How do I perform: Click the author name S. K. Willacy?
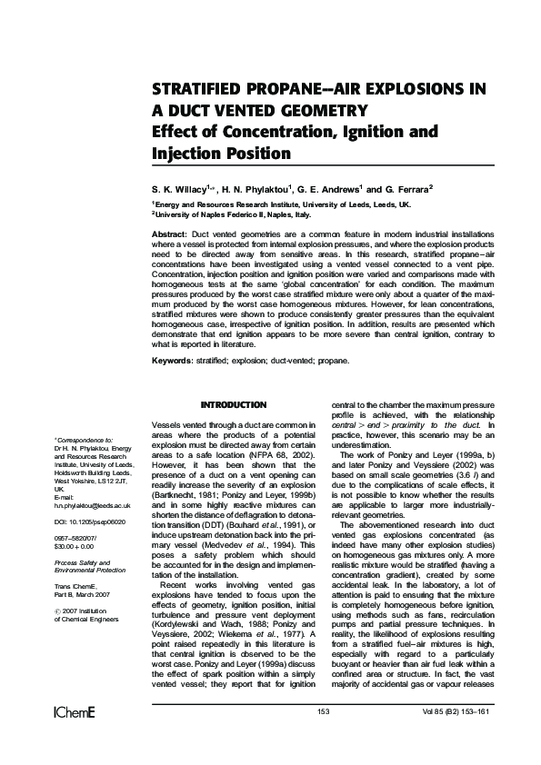click(x=181, y=188)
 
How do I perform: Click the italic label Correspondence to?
click(x=90, y=439)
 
